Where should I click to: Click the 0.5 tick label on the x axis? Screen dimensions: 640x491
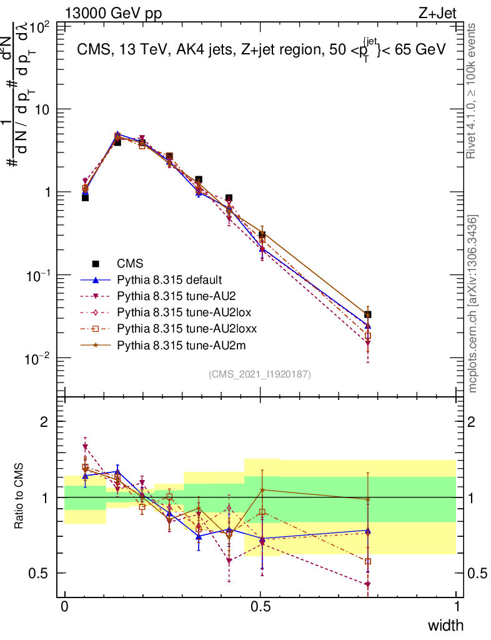coord(260,607)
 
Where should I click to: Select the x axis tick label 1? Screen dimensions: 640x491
coord(456,607)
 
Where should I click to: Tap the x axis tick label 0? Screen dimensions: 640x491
coord(64,607)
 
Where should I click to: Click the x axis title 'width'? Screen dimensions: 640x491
coord(445,626)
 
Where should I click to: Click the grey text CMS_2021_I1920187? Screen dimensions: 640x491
coord(260,374)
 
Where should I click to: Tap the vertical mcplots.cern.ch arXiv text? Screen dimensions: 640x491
coord(473,304)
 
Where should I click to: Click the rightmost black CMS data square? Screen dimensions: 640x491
coord(368,314)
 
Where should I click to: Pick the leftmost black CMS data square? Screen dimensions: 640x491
coord(85,197)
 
